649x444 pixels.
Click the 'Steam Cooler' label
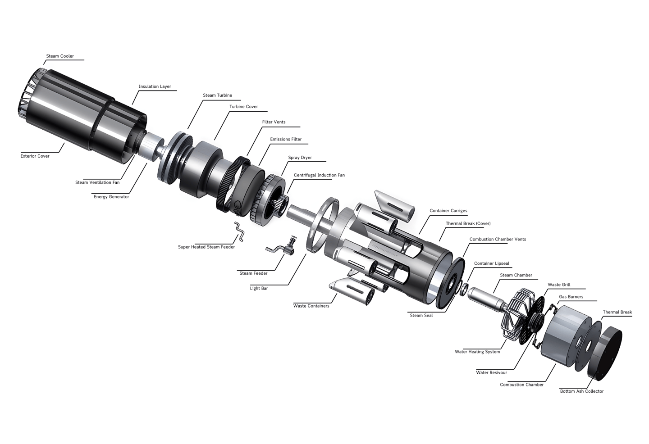tap(60, 56)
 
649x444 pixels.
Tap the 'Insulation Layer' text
tap(155, 86)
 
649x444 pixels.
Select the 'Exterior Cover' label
tap(35, 156)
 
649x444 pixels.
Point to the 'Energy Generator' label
tap(111, 197)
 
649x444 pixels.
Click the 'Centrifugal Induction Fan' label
tap(319, 175)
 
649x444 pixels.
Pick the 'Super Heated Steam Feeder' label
tap(206, 247)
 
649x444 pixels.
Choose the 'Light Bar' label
tap(259, 289)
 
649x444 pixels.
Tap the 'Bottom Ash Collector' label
tap(582, 391)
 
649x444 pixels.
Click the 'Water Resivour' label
tap(491, 372)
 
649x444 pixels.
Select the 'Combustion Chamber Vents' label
tap(498, 240)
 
